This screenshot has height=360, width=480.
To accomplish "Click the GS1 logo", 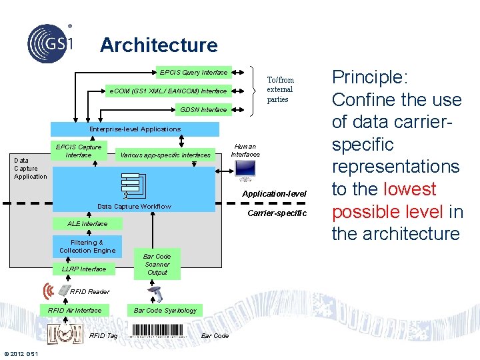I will [51, 42].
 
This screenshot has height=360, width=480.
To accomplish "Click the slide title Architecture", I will [159, 45].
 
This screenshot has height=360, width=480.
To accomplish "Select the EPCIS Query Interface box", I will [193, 72].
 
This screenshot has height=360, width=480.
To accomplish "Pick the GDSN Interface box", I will [203, 109].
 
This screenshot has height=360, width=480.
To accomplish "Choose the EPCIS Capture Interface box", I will [79, 151].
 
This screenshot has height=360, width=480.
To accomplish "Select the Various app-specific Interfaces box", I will [165, 155].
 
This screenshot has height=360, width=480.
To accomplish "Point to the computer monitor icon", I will [245, 171].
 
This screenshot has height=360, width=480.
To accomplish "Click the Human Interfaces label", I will [245, 151].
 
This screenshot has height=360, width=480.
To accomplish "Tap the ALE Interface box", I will [87, 224].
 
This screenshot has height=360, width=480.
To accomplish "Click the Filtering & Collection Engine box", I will [87, 247].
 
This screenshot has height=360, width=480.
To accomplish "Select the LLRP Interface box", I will [84, 269].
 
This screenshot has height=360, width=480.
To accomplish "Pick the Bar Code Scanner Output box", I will [157, 264].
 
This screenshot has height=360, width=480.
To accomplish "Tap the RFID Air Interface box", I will [75, 310].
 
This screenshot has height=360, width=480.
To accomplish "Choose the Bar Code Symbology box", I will [165, 310].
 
